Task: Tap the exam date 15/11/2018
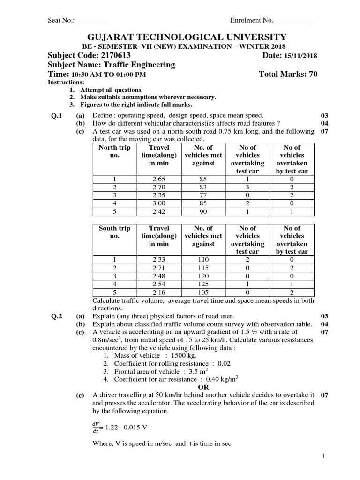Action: click(300, 56)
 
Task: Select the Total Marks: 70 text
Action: click(288, 75)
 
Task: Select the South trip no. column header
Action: click(114, 232)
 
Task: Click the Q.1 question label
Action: click(57, 115)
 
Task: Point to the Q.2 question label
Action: click(57, 316)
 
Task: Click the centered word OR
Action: click(203, 387)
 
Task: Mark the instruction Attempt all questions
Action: click(112, 90)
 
